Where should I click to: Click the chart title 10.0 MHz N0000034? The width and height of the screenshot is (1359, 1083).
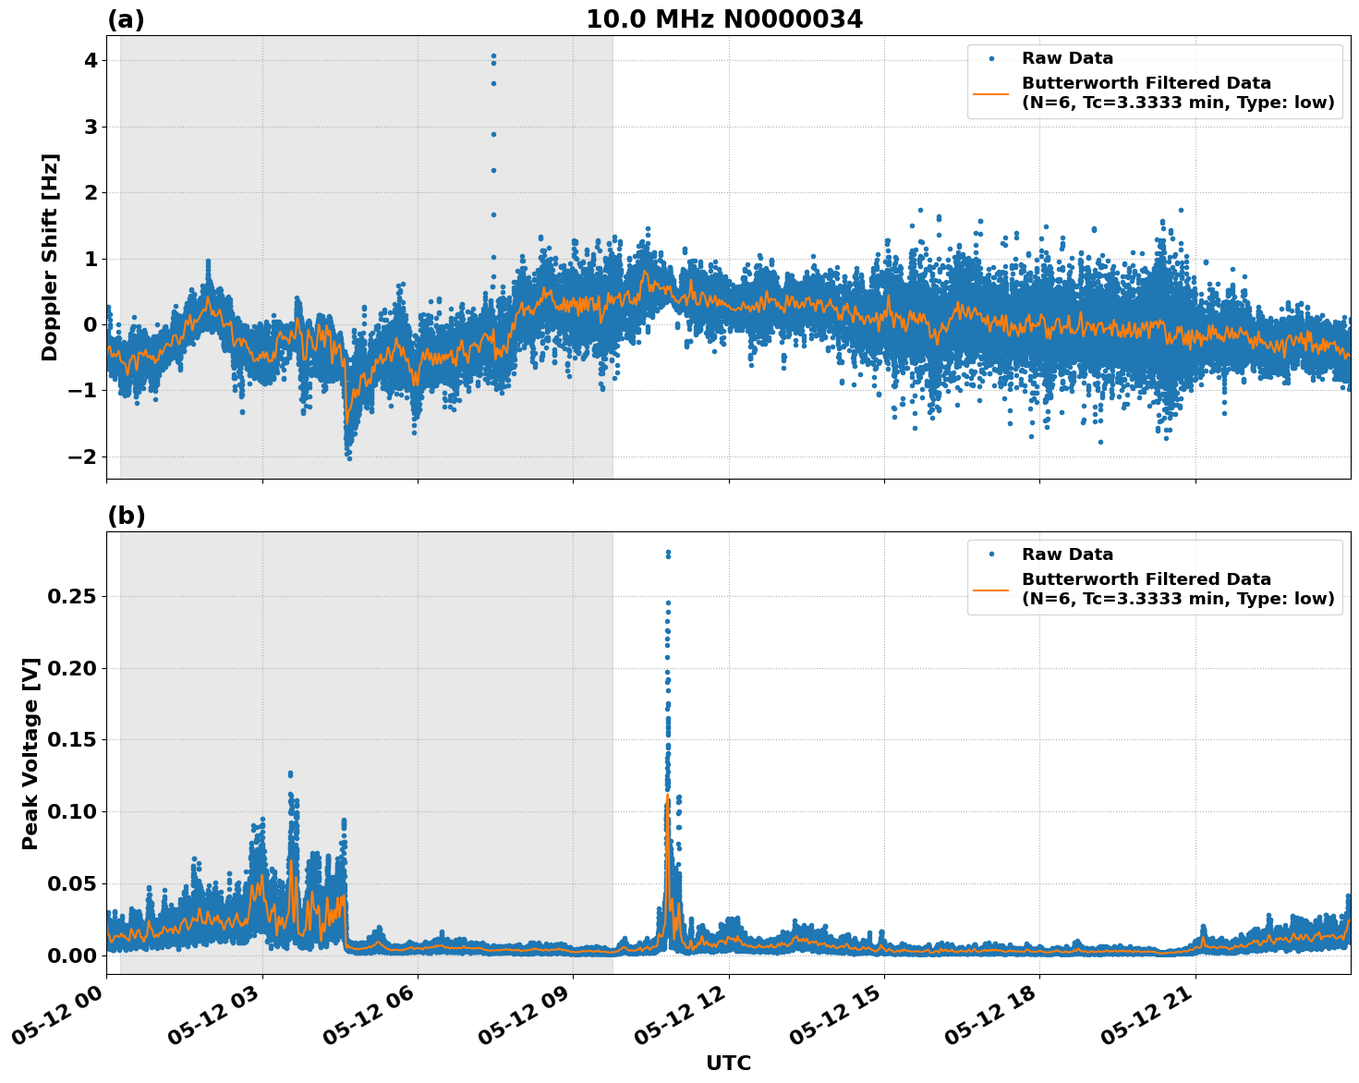coord(723,19)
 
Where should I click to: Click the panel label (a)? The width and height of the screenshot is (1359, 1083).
coord(126,19)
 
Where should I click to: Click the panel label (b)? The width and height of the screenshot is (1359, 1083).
coord(126,516)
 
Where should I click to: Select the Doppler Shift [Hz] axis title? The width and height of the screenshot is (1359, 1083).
coord(50,257)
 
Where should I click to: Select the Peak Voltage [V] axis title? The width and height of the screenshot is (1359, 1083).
coord(30,753)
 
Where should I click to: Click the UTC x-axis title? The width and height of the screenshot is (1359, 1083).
coord(728,1063)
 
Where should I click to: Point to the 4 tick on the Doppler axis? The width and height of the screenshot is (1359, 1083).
coord(91,61)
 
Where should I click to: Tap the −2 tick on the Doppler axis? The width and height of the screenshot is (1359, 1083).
coord(84,456)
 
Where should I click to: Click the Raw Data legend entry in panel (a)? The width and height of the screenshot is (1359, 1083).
coord(1067,59)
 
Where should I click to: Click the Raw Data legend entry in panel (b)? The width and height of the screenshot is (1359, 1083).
coord(1067,555)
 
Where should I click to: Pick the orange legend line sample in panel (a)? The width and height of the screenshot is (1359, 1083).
coord(991,93)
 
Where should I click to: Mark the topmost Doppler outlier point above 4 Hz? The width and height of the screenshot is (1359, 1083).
coord(493,55)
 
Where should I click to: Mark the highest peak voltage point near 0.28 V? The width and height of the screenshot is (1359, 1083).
coord(668,553)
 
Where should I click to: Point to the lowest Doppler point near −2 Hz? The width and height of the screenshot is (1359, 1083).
coord(348,457)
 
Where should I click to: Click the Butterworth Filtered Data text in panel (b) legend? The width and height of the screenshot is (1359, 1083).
coord(1146,580)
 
